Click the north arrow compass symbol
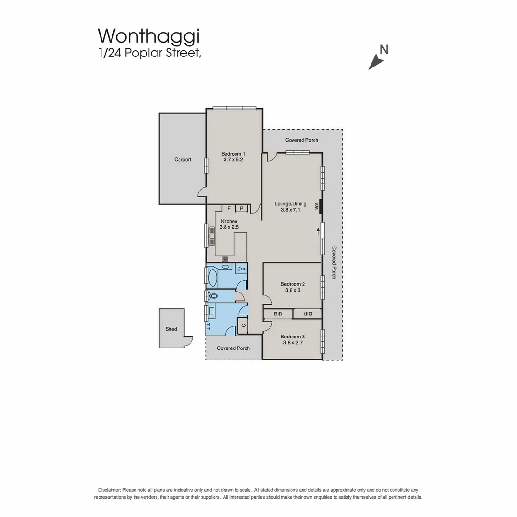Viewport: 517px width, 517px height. tap(376, 62)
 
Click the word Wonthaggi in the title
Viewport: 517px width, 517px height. tap(148, 36)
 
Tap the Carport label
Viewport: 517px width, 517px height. tap(182, 160)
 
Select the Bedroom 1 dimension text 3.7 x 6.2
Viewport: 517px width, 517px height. tap(233, 160)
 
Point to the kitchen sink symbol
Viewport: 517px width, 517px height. tap(211, 236)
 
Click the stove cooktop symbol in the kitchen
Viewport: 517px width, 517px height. tap(225, 259)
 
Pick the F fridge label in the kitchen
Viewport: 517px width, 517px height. tap(229, 208)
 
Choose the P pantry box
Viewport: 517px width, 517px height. tap(241, 208)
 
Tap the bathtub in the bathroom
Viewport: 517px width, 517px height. tap(213, 276)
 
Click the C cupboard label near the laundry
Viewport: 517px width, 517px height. tap(243, 326)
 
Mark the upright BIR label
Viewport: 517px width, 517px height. tap(278, 314)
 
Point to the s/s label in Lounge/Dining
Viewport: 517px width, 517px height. tap(316, 207)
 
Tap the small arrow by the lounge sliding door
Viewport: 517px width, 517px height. tap(318, 231)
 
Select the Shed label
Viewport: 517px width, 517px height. tap(171, 329)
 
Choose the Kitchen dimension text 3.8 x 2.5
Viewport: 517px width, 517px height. tap(229, 227)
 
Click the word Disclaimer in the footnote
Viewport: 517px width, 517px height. tap(109, 490)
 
